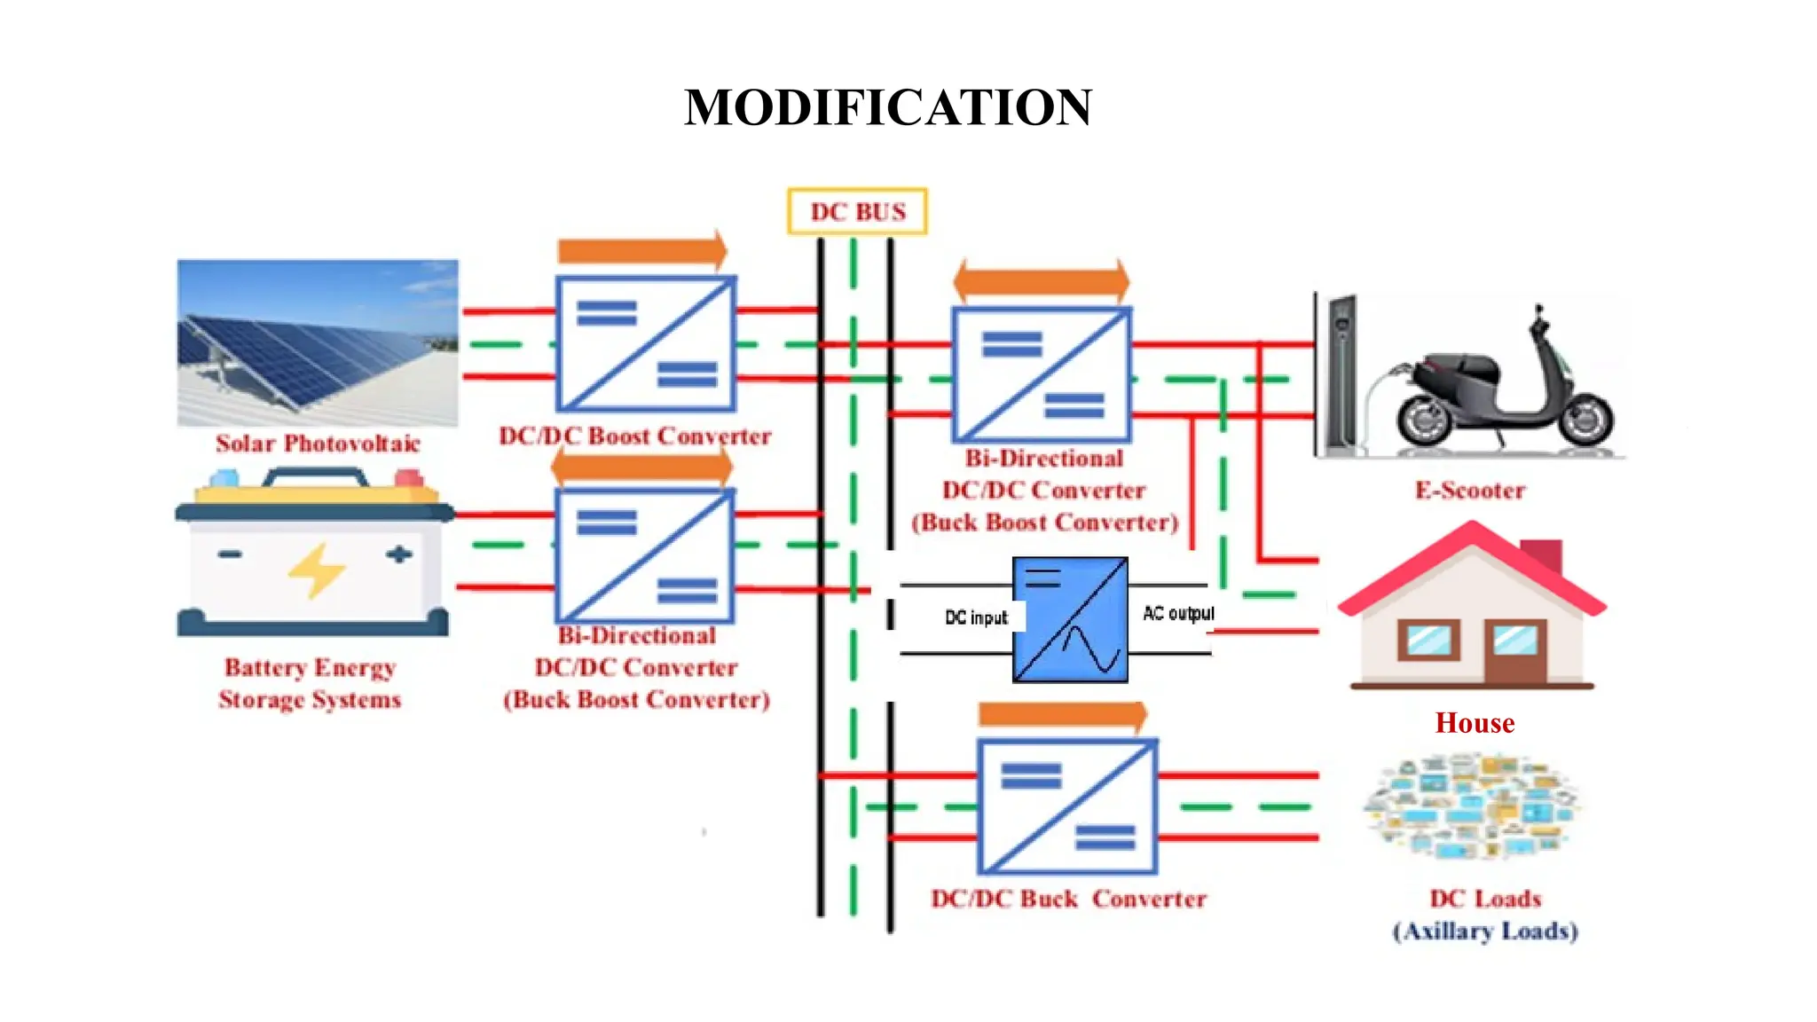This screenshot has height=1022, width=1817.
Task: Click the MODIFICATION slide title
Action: (x=887, y=107)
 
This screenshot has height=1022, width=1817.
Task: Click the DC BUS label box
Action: (x=857, y=212)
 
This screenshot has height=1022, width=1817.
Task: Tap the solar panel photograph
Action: (x=318, y=342)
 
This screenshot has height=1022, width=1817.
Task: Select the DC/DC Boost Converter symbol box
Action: (x=645, y=343)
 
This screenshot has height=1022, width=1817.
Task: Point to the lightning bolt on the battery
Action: (x=316, y=570)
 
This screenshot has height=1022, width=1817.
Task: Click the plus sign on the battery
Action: (x=398, y=554)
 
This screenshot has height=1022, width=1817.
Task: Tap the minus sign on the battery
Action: (x=230, y=554)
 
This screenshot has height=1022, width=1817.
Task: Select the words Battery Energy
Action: (x=310, y=667)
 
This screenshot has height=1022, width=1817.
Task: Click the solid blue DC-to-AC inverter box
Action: (x=1070, y=619)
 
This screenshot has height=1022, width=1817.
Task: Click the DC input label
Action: (x=976, y=617)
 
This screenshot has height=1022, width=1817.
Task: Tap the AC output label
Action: (x=1177, y=613)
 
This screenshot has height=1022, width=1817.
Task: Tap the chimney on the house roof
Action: (x=1542, y=555)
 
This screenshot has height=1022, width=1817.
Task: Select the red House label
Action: (x=1475, y=723)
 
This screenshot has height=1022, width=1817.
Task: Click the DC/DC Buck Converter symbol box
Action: (x=1067, y=806)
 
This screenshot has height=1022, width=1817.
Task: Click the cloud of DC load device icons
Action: (x=1470, y=806)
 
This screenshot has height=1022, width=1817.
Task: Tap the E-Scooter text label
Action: (x=1469, y=491)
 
